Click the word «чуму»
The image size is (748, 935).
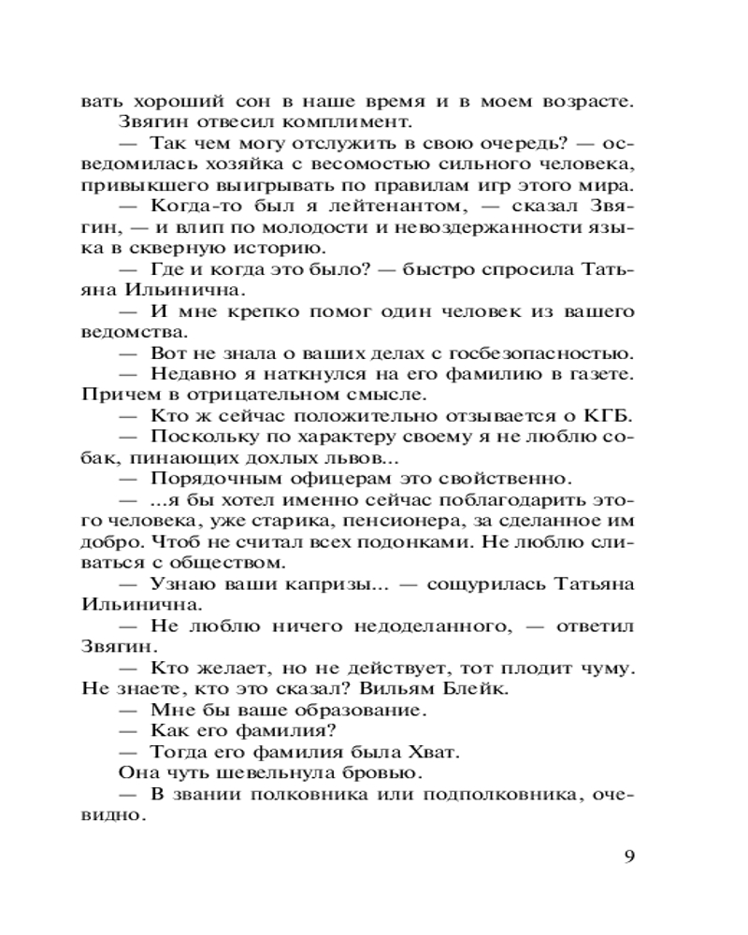609,668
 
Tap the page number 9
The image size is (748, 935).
628,856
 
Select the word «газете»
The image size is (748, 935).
601,373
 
